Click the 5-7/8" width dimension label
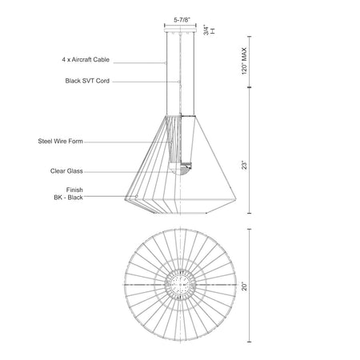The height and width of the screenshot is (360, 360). click(182, 19)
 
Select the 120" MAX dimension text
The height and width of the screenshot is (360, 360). click(245, 61)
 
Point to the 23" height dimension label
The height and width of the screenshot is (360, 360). click(245, 165)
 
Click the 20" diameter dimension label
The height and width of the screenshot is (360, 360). click(245, 286)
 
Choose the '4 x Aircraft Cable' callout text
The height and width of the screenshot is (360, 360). click(86, 59)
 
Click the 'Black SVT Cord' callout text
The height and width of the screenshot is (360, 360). click(87, 81)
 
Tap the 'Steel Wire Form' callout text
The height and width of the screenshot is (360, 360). click(60, 141)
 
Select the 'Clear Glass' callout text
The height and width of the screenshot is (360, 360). click(66, 171)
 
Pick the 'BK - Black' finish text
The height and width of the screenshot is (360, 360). click(68, 198)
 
